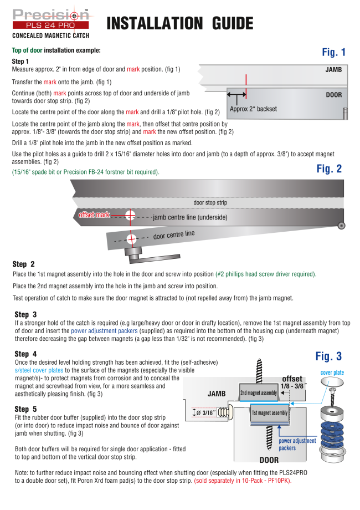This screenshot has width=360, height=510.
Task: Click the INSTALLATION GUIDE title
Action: click(x=179, y=23)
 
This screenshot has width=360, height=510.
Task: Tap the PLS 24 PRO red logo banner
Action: click(x=50, y=25)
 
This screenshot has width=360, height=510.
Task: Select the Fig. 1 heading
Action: click(x=333, y=53)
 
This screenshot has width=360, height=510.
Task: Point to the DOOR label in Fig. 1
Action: click(x=333, y=95)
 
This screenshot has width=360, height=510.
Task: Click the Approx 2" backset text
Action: click(x=253, y=109)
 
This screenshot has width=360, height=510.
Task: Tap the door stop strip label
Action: click(x=210, y=202)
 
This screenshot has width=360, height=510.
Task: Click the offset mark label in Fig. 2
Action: click(x=94, y=215)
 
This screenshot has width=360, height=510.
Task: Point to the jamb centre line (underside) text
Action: click(x=190, y=217)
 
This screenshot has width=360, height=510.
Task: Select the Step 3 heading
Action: click(x=25, y=314)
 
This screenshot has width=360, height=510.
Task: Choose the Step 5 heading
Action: click(x=25, y=409)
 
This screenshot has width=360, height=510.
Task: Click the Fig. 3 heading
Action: click(x=328, y=356)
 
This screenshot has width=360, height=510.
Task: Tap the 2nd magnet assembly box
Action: click(x=258, y=393)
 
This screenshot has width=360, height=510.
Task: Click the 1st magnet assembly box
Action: click(x=269, y=413)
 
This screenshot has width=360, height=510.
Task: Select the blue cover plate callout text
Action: click(x=332, y=373)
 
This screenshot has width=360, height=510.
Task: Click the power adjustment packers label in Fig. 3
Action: click(x=297, y=444)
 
